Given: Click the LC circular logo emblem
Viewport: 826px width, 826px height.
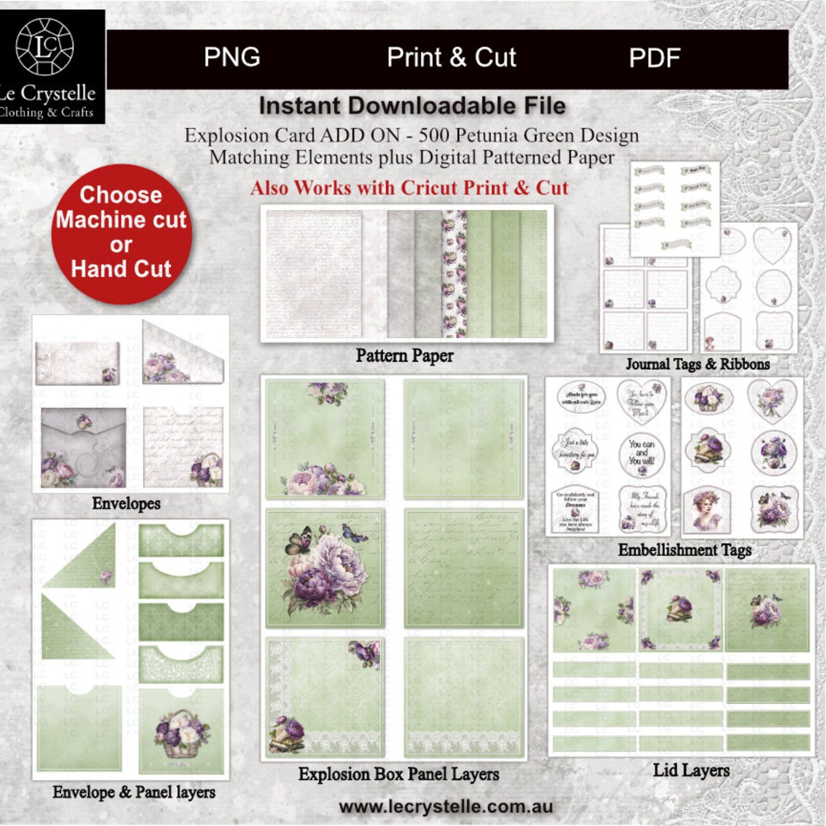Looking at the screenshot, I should [45, 46].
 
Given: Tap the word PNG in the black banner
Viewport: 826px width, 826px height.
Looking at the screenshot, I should [232, 57].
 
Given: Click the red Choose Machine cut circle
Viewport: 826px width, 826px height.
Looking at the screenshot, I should [121, 234].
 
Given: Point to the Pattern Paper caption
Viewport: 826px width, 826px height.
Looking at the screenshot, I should [404, 356].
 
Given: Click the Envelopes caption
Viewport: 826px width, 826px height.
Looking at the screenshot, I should [126, 504].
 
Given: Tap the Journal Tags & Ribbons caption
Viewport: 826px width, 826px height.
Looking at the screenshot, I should [698, 364].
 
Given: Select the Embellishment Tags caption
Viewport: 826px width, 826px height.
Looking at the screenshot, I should [685, 550].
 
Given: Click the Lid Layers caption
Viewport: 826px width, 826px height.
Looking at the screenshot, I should [691, 770].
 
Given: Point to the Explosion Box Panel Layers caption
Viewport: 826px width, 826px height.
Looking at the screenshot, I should [398, 774].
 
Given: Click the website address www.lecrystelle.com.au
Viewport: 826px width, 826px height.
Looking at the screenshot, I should [446, 807].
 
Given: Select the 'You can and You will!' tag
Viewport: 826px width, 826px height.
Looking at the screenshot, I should [642, 453].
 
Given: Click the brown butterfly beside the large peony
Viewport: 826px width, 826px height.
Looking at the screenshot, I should [299, 540].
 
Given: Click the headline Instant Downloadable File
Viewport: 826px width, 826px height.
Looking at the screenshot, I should [412, 106].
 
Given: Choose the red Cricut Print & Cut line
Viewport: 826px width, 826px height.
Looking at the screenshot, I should [409, 188].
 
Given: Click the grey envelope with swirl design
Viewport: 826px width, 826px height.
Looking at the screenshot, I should [83, 447].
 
